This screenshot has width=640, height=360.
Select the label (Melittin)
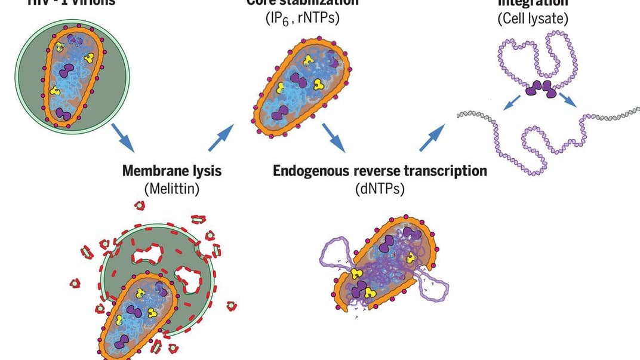171,189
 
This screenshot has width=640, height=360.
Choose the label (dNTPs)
380,189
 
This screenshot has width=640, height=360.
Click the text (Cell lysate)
533,18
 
